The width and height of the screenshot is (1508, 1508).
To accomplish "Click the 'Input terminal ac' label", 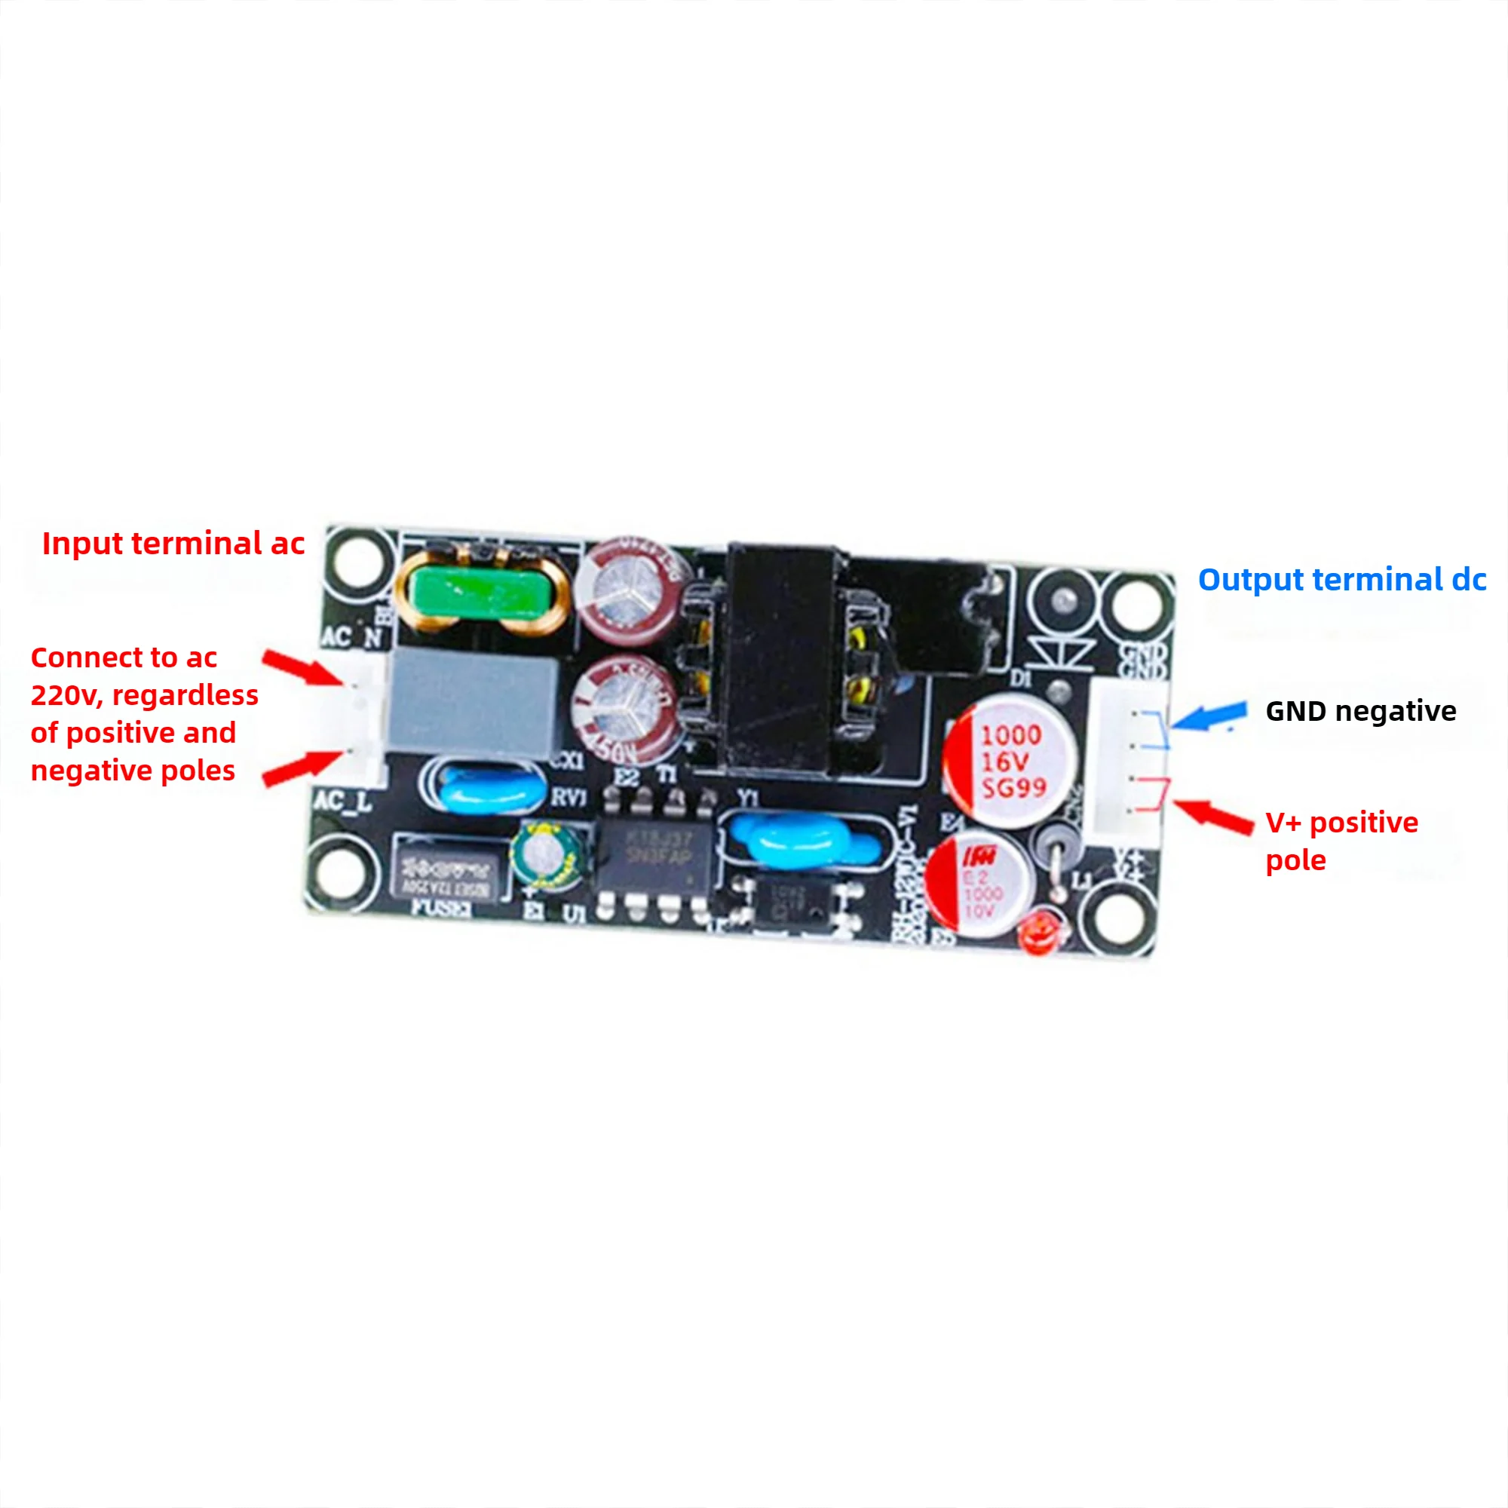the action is pos(173,544).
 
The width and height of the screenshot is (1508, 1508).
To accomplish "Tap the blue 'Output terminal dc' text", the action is pos(1342,579).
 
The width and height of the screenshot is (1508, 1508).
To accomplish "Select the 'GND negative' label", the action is pos(1360,711).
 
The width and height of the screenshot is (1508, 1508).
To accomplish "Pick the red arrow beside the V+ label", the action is pos(1214,817).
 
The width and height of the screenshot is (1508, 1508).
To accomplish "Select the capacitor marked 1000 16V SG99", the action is pos(1011,761).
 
